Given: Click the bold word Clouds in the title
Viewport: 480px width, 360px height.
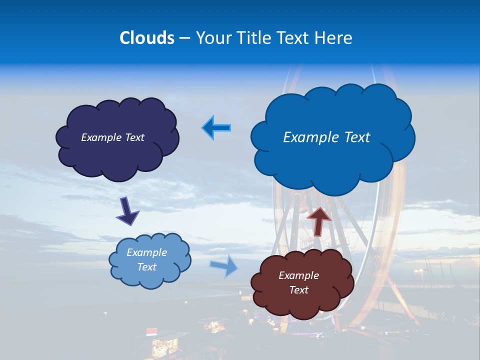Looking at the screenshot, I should click(x=147, y=38).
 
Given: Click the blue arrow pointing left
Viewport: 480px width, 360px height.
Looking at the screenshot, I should click(x=216, y=128).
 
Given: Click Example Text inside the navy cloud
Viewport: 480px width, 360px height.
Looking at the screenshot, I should click(x=112, y=137).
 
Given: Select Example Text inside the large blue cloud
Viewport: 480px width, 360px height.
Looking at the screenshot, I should click(x=326, y=137).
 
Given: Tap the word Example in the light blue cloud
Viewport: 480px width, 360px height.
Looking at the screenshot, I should click(x=146, y=252).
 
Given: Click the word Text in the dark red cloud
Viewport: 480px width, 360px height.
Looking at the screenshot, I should click(x=298, y=290).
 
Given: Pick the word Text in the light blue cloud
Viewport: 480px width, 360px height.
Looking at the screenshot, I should click(x=146, y=267).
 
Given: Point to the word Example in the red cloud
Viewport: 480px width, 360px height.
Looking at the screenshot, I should click(x=298, y=275).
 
